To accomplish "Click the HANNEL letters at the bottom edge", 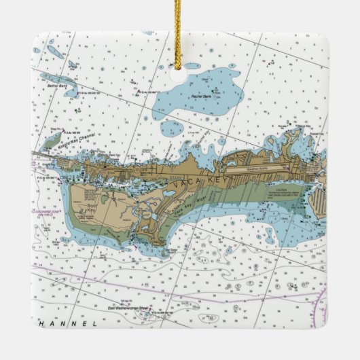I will click(x=68, y=324).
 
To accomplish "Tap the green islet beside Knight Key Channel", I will click(x=52, y=142).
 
